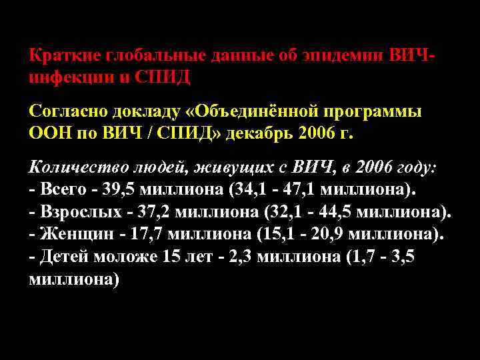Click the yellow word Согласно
(x=64, y=110)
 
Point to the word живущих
(x=215, y=167)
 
